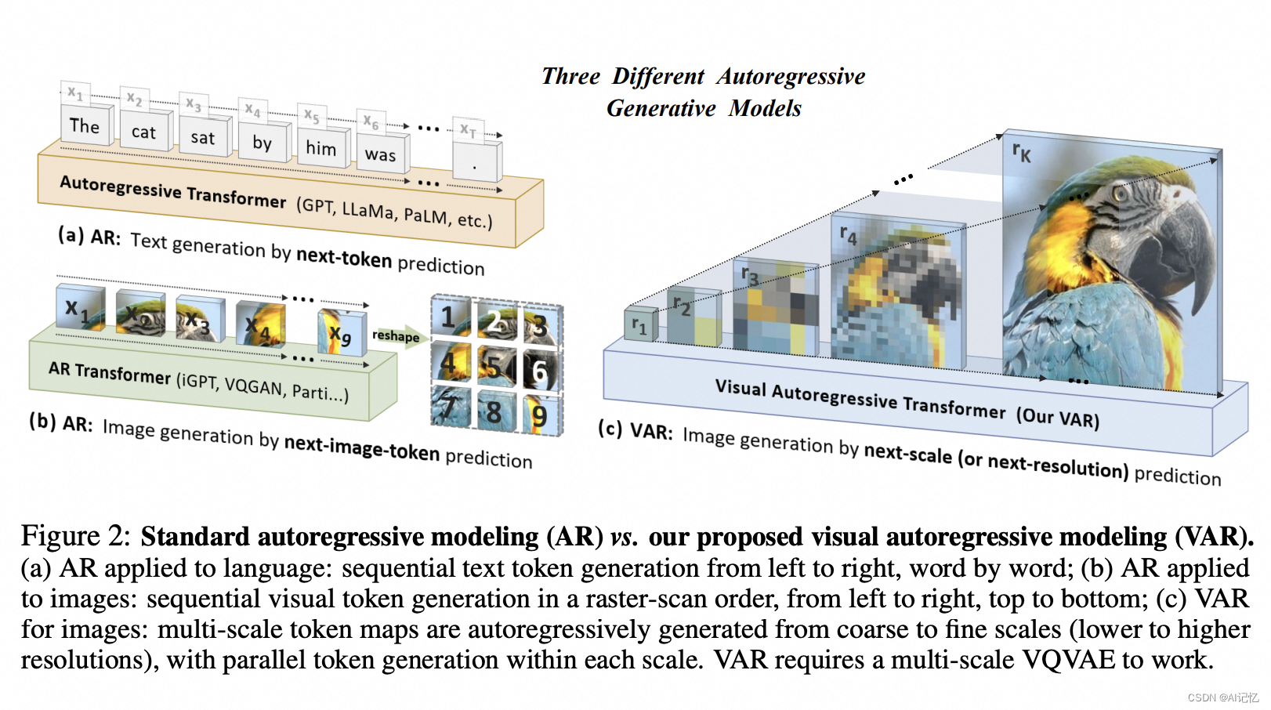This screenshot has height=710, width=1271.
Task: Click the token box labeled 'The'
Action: point(85,126)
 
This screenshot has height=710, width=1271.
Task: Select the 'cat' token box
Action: point(143,132)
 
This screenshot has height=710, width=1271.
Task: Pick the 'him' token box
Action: point(320,148)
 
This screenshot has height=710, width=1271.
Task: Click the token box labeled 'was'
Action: point(380,155)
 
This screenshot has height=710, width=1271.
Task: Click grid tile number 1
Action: point(449,317)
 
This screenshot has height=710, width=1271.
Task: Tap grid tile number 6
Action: point(539,371)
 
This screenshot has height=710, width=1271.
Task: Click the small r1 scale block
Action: point(639,326)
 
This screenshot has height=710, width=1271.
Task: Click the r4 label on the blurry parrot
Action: point(849,234)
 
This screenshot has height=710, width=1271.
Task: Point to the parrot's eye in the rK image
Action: point(1121,193)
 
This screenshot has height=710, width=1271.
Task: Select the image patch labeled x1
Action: point(79,309)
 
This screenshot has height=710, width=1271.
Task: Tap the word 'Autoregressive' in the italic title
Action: point(791,76)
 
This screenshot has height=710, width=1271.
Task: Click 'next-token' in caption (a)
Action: point(344,258)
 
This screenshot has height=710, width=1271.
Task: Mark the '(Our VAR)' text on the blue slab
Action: point(1057,417)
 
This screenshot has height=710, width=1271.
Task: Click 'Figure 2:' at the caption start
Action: point(75,537)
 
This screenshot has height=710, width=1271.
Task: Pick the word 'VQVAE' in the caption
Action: point(1069,660)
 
